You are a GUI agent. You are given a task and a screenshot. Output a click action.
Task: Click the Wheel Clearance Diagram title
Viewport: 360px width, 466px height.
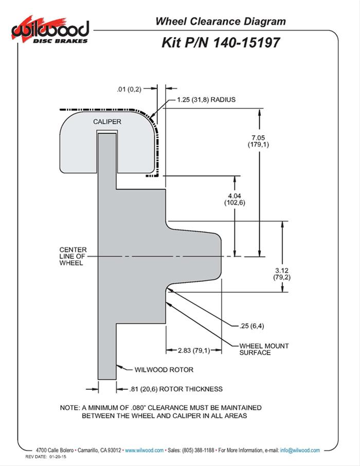[x=220, y=21]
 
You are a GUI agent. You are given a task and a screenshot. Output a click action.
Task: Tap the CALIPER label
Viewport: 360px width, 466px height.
[x=107, y=121]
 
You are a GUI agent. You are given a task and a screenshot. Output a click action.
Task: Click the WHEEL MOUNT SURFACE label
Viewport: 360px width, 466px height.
[x=264, y=349]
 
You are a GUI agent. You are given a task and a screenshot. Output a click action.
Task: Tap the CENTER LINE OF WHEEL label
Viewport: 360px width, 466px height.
[x=73, y=256]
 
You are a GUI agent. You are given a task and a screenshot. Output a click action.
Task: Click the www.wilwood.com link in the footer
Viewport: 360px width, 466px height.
[x=144, y=450]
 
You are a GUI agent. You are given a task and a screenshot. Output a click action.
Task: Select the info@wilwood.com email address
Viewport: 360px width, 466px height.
[x=300, y=450]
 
